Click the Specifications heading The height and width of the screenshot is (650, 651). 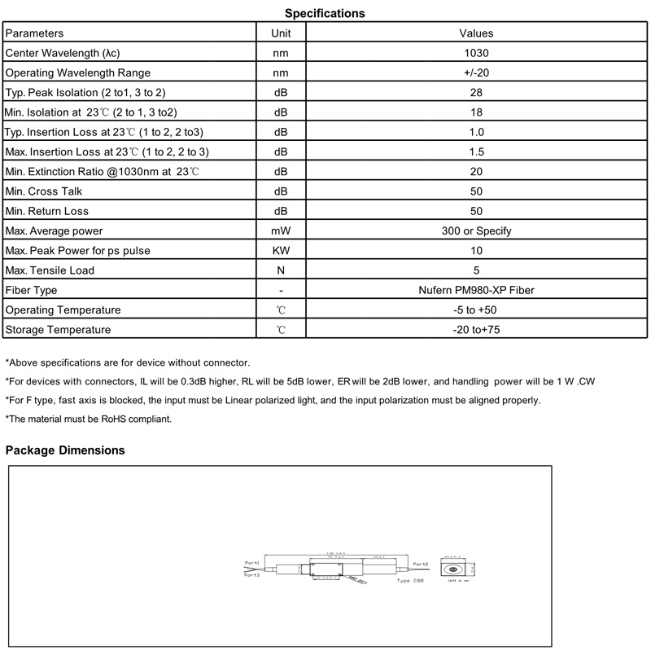(325, 13)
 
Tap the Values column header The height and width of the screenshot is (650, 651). (476, 33)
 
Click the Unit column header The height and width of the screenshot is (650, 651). (280, 33)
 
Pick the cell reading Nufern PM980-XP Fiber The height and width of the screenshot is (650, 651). (476, 290)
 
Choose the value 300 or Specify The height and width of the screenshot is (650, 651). (476, 231)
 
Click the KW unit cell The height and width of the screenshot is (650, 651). (280, 251)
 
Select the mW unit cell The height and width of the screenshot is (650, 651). (280, 231)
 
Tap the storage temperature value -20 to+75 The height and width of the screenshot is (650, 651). (476, 330)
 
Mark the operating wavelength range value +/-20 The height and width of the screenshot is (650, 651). (476, 73)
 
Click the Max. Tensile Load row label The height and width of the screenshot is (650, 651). (50, 270)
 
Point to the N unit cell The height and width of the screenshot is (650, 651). (280, 270)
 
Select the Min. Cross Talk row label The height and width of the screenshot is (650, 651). (44, 191)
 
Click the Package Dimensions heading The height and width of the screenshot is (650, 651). (65, 450)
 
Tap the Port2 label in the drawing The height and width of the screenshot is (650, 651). (420, 564)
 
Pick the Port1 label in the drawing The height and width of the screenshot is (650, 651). (251, 563)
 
